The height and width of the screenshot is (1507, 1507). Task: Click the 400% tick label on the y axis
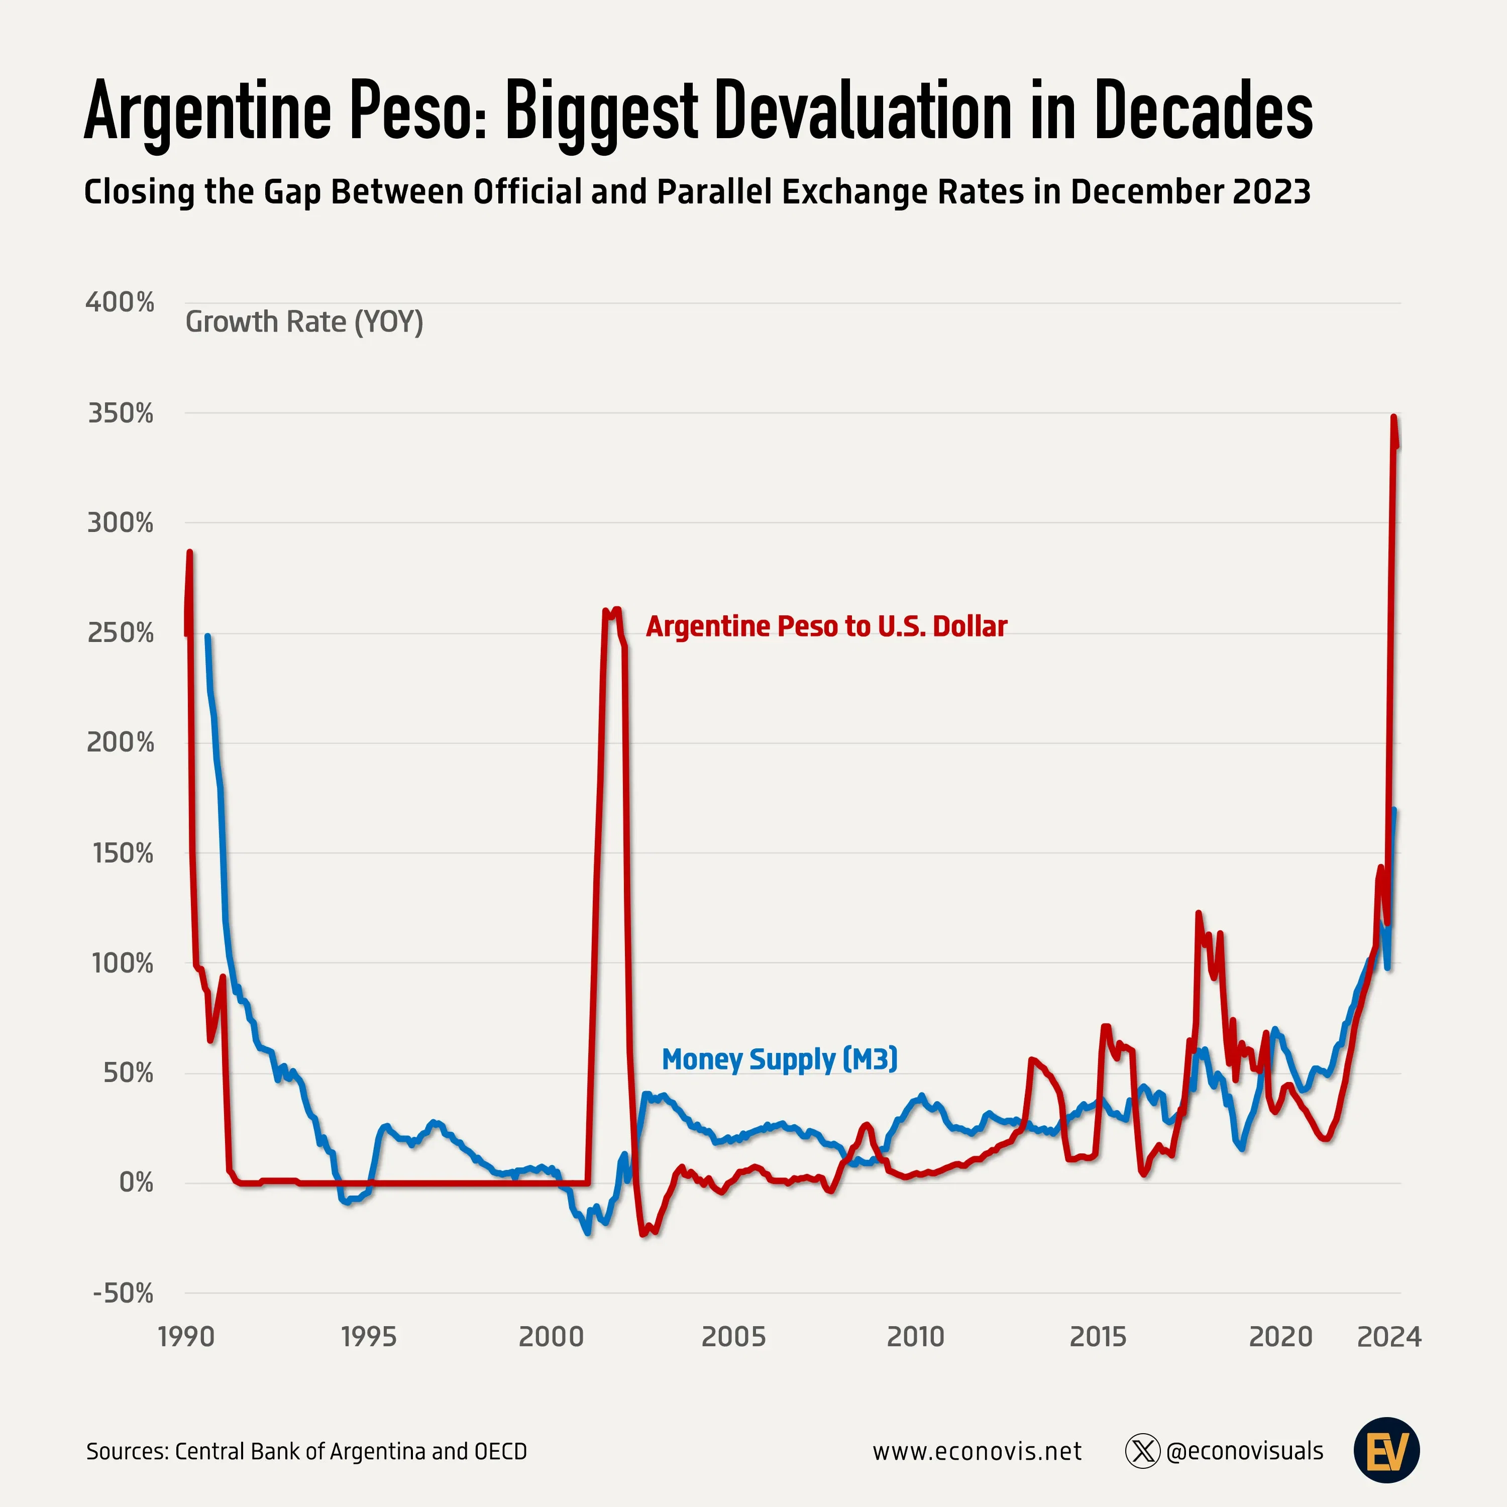pos(120,302)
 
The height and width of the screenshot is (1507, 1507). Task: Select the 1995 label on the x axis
pos(368,1336)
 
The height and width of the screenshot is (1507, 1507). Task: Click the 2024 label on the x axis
pos(1389,1336)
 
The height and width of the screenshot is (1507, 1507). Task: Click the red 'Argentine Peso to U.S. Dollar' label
pos(826,626)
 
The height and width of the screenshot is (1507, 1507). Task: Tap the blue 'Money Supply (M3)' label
pos(779,1059)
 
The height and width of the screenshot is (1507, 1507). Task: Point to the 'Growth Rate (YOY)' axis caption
pos(304,321)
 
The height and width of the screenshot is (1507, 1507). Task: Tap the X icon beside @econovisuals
pos(1143,1452)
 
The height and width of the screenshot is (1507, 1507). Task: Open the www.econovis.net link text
pos(977,1452)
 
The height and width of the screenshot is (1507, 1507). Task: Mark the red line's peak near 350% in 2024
pos(1394,417)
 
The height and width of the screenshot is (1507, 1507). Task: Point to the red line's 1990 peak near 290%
pos(189,552)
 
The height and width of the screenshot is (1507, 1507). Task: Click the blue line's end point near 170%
pos(1394,810)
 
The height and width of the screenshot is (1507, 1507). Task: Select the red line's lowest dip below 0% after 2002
pos(643,1234)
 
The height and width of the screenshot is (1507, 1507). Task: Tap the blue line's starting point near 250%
pos(207,636)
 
